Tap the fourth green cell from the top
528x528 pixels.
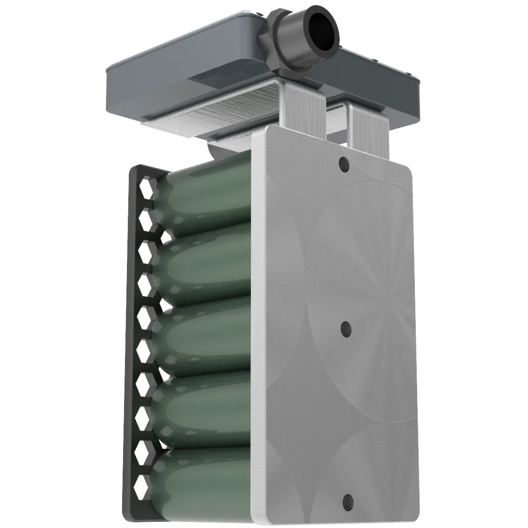pyautogui.click(x=204, y=409)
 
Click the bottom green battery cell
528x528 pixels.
pyautogui.click(x=204, y=480)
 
